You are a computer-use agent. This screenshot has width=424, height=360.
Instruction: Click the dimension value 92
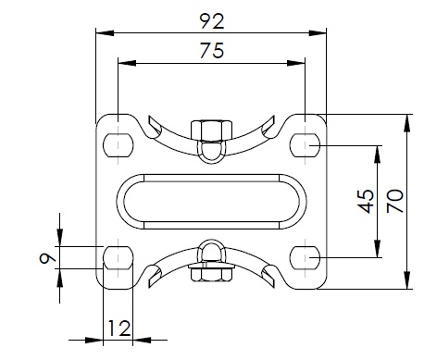point(212,21)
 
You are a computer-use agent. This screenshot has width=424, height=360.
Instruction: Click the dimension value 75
point(212,51)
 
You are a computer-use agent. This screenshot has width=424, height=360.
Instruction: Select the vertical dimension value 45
point(366,202)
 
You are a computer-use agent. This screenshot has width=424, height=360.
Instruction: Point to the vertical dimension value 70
point(395,201)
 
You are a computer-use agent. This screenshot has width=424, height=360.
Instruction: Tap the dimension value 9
point(47,258)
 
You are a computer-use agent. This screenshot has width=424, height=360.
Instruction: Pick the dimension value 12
point(119,329)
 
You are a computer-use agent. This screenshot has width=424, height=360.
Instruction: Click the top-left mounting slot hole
point(118,145)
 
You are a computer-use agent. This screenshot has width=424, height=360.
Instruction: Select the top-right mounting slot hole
point(305,145)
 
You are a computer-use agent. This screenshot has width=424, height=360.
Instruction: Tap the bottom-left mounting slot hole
point(118,258)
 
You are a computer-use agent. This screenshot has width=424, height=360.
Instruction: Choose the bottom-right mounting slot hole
point(305,258)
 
